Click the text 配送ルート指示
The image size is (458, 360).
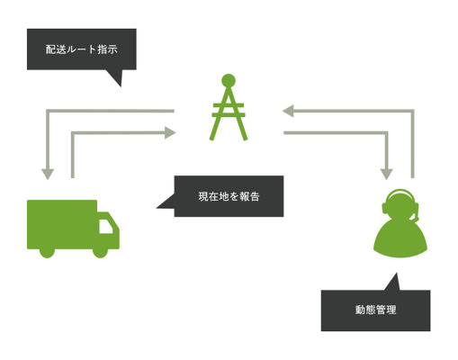pyautogui.click(x=81, y=49)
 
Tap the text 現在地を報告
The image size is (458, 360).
pyautogui.click(x=229, y=196)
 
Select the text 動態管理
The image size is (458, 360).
pyautogui.click(x=376, y=310)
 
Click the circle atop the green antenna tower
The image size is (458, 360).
pyautogui.click(x=229, y=81)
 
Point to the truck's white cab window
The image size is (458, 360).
pyautogui.click(x=106, y=226)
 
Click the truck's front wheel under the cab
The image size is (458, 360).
pyautogui.click(x=100, y=251)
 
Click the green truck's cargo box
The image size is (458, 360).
pyautogui.click(x=62, y=224)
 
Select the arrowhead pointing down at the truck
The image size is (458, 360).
pyautogui.click(x=48, y=175)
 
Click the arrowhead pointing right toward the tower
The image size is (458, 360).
pyautogui.click(x=170, y=132)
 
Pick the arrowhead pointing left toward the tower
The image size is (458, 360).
pyautogui.click(x=288, y=111)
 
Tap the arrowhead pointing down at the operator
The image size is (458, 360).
pyautogui.click(x=386, y=175)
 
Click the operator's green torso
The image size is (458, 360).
pyautogui.click(x=400, y=239)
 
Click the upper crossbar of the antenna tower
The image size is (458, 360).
pyautogui.click(x=229, y=105)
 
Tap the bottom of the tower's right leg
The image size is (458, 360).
pyautogui.click(x=245, y=139)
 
